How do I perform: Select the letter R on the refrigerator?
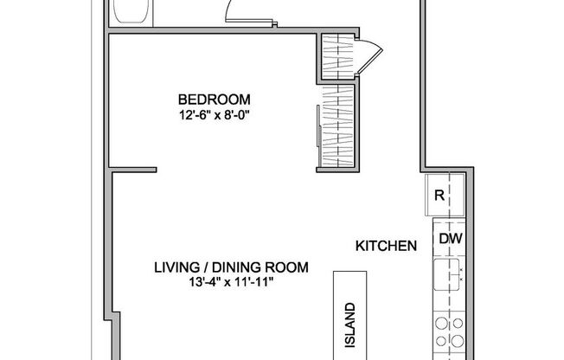click(439, 196)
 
